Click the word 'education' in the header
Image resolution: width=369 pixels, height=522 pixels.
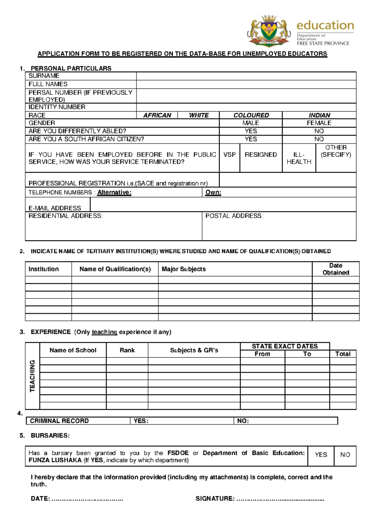[x=325, y=25]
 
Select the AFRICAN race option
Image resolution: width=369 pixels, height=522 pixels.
[x=157, y=115]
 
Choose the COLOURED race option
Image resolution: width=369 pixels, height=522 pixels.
[x=251, y=115]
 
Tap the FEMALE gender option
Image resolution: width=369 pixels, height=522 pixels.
[x=319, y=123]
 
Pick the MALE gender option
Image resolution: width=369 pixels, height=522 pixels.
[x=251, y=123]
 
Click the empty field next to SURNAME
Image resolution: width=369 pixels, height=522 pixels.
[x=246, y=76]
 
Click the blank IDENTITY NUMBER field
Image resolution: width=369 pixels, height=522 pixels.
[x=246, y=107]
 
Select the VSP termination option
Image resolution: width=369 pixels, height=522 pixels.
[x=229, y=155]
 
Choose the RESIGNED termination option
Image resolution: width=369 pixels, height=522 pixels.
[x=261, y=155]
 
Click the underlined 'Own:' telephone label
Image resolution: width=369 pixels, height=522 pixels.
[x=213, y=192]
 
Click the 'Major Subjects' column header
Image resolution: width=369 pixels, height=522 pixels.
[x=184, y=269]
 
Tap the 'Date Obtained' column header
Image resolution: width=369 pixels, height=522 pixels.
[x=335, y=269]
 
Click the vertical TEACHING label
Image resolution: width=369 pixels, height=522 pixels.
[x=32, y=376]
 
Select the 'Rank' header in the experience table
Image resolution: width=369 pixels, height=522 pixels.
[x=127, y=350]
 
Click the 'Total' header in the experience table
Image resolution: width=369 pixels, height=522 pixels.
[x=343, y=354]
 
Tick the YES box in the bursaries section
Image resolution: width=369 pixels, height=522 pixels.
[x=321, y=455]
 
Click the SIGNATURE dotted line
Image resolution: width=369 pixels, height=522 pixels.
[x=280, y=499]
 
